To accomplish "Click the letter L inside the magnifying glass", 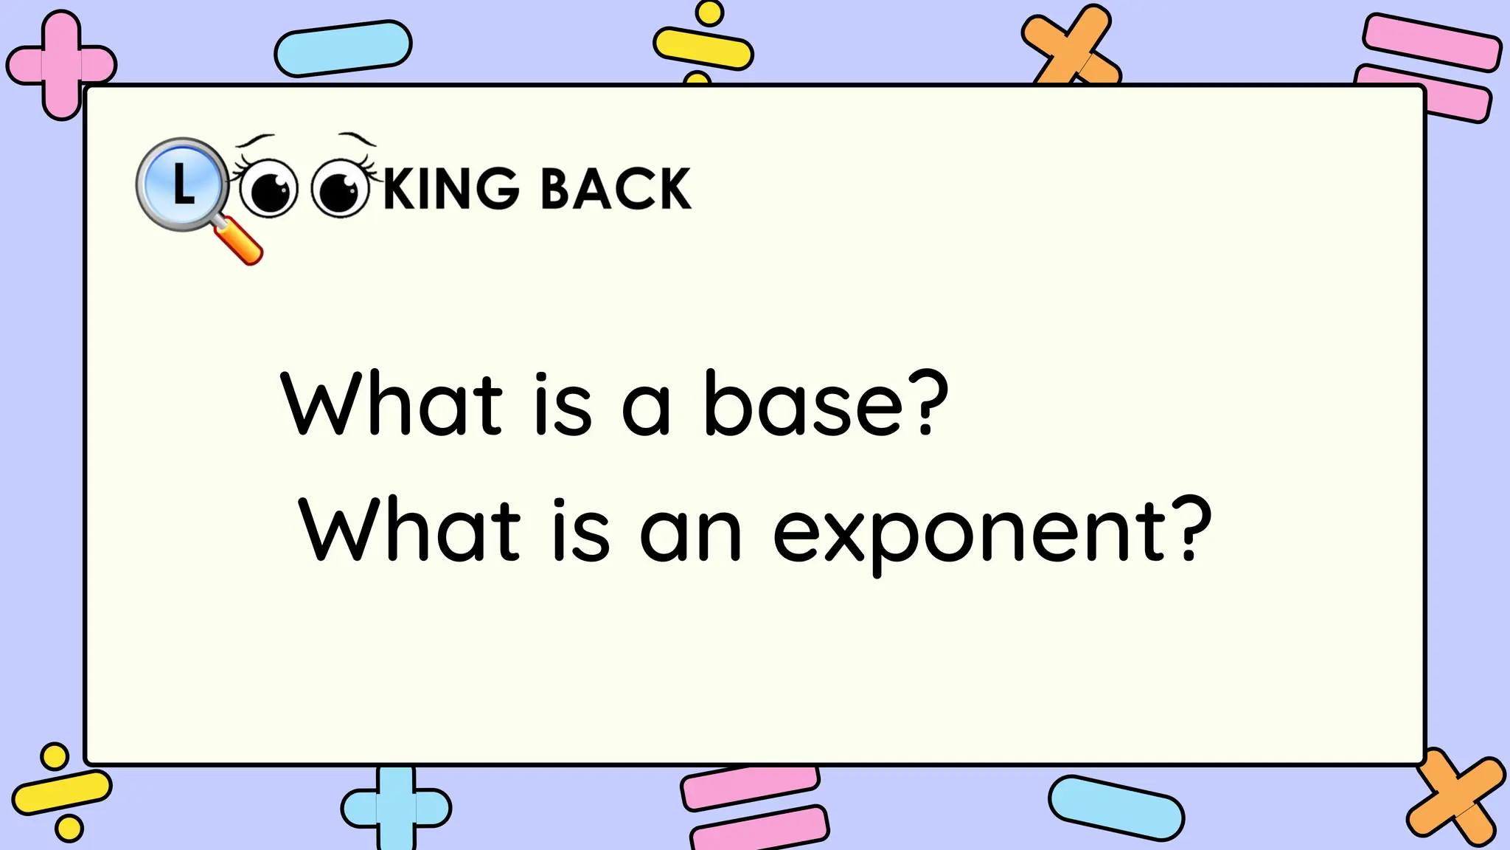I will (183, 184).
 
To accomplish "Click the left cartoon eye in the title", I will (268, 189).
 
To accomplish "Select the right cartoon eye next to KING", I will (339, 189).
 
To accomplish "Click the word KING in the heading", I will (451, 189).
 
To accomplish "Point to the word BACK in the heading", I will (616, 189).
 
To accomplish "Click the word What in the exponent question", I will (410, 531).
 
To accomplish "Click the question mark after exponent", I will (1191, 528).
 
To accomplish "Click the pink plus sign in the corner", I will (61, 65).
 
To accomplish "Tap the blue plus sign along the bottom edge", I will (396, 808).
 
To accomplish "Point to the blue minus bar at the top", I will (343, 49).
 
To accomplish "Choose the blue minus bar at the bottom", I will (1116, 808).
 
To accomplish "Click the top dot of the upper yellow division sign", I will (710, 13).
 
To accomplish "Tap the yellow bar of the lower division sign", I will (62, 793).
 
